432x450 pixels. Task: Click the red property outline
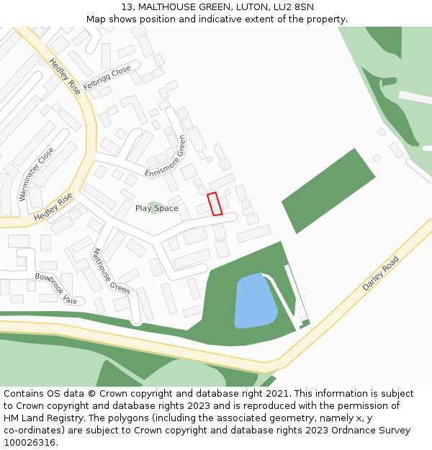click(215, 204)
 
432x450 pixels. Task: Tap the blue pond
click(255, 300)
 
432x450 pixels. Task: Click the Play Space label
click(156, 208)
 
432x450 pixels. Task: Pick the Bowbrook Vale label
click(55, 288)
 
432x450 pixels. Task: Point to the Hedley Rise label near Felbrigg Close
click(66, 78)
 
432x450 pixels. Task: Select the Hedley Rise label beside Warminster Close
click(53, 207)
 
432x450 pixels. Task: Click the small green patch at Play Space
click(153, 207)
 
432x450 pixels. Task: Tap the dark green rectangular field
click(328, 191)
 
